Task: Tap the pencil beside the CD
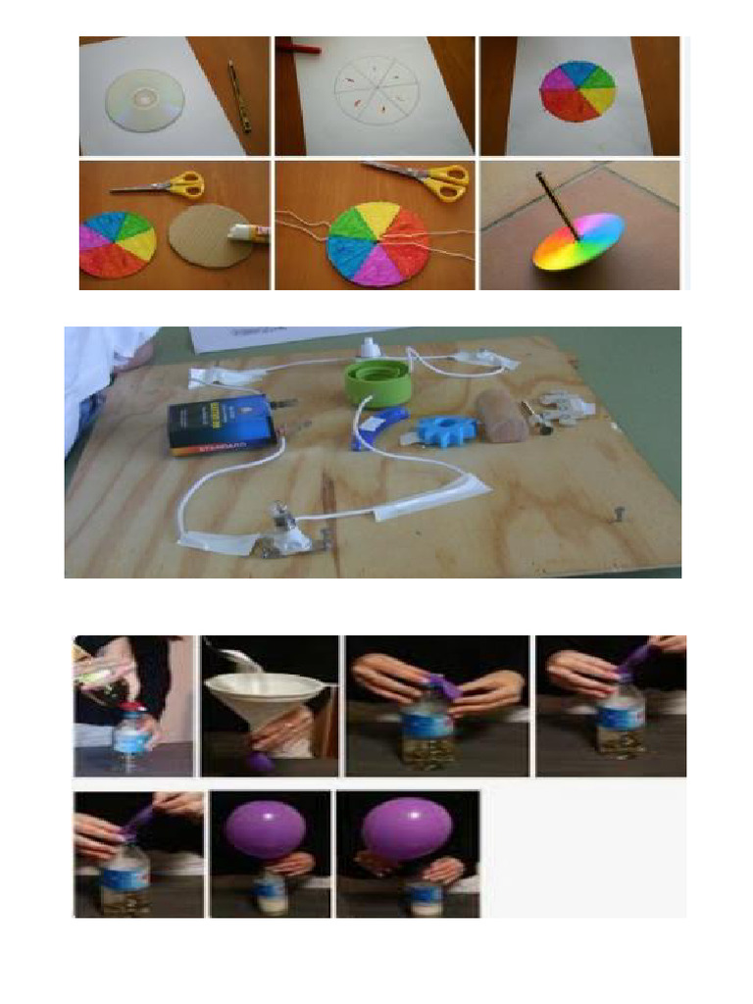[238, 96]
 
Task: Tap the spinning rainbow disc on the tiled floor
[579, 241]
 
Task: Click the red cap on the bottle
[129, 707]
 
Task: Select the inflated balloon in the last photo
[407, 828]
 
